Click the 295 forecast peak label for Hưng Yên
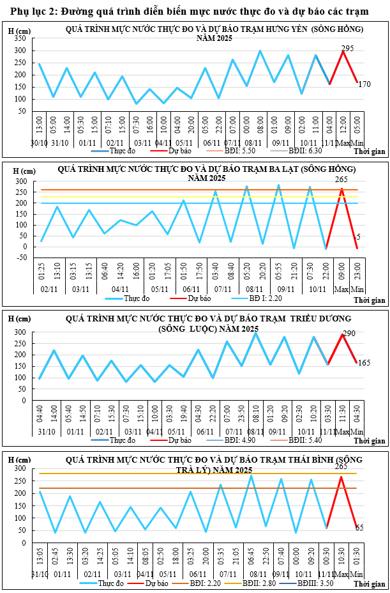pos(347,48)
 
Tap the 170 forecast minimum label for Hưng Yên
pos(364,84)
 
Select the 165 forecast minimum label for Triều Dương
pos(364,363)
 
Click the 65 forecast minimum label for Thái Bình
pos(359,528)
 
